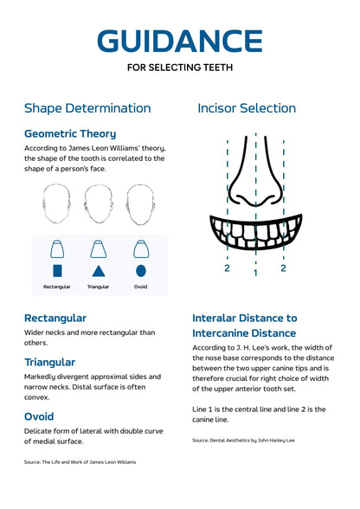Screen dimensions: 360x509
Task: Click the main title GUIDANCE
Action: (x=180, y=41)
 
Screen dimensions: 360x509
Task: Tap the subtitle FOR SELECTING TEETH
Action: (x=180, y=67)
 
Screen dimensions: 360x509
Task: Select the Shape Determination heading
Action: (x=87, y=108)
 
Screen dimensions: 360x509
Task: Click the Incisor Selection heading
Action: (x=247, y=108)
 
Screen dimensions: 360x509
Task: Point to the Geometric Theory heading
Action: (x=70, y=134)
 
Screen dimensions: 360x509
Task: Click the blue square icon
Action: (x=57, y=270)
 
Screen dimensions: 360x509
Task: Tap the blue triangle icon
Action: (x=99, y=270)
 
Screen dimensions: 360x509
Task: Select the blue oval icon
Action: (x=140, y=270)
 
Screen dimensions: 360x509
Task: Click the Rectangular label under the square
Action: (x=57, y=287)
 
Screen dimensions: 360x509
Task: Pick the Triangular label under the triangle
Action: (x=99, y=287)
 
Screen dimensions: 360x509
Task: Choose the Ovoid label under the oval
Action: (x=140, y=287)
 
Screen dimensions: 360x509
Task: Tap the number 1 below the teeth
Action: (x=255, y=274)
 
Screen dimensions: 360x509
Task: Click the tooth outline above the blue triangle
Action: (x=99, y=249)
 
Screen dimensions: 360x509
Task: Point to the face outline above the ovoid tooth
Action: (x=140, y=206)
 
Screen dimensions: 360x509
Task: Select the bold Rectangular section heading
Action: (x=55, y=318)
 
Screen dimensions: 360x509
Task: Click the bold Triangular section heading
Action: (x=50, y=362)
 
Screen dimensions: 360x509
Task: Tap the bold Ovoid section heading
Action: (x=39, y=416)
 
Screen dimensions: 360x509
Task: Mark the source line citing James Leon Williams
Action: (x=80, y=462)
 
